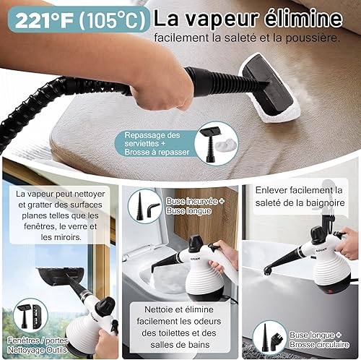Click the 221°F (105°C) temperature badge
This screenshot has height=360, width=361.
point(79,20)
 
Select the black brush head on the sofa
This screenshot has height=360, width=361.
point(269,85)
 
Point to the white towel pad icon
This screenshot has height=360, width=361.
point(225,145)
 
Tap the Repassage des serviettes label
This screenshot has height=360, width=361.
point(152,140)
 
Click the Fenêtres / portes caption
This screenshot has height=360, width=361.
point(38,340)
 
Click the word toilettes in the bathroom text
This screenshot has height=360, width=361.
point(178,333)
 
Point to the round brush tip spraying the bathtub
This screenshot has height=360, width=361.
point(267,272)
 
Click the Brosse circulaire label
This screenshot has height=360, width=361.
point(319,345)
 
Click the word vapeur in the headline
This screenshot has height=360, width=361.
point(219,20)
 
